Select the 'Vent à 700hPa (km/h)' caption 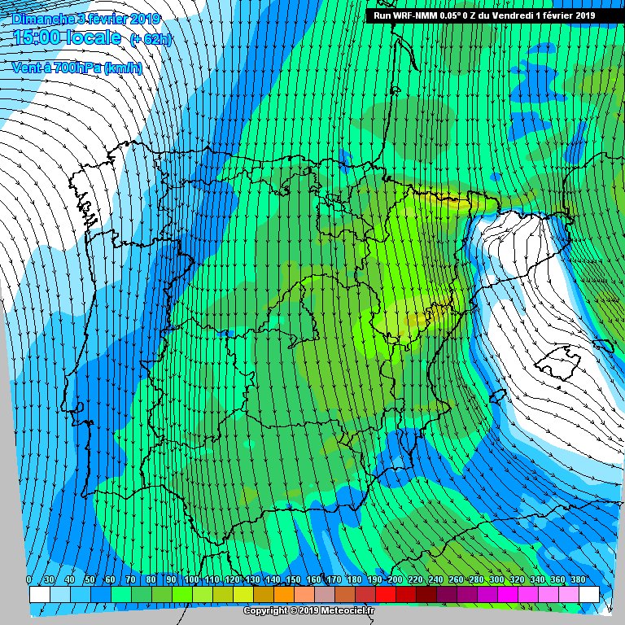pos(76,68)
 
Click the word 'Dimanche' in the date pos(41,18)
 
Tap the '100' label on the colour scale pos(191,579)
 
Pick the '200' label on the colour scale pos(395,579)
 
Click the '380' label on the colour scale pos(578,579)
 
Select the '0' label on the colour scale pos(29,579)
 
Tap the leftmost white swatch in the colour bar pos(39,595)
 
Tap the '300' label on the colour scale pos(496,579)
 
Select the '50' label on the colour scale pos(90,579)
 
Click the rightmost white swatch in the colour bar pos(588,595)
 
